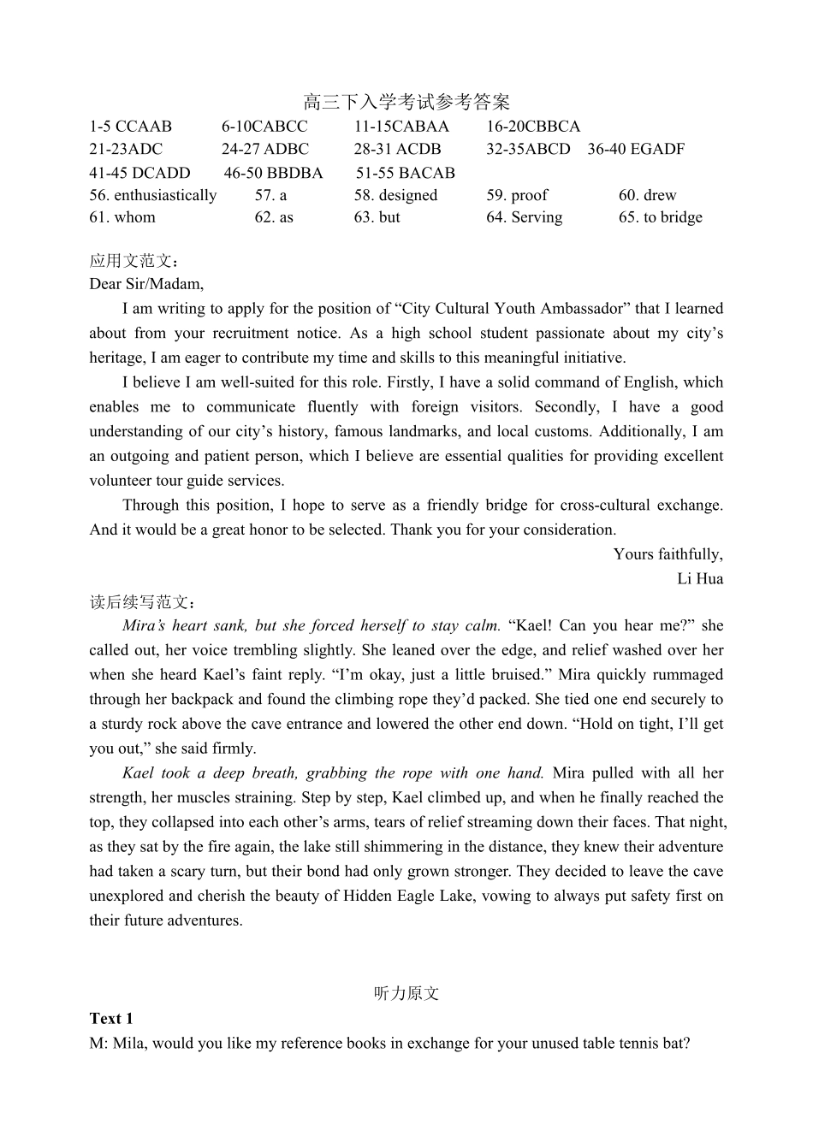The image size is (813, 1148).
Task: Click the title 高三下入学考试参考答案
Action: (406, 103)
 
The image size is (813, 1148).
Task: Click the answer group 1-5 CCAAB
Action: (130, 126)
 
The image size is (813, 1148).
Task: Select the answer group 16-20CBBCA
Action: (533, 126)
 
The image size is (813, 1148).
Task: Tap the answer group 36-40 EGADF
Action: (636, 149)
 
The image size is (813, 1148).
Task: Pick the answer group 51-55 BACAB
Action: (406, 173)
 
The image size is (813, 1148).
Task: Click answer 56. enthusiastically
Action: (153, 195)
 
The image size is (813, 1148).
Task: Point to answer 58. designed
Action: (395, 195)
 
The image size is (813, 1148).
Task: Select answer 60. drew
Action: (647, 195)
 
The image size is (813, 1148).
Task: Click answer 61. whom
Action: (122, 217)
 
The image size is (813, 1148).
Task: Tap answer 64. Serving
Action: (525, 217)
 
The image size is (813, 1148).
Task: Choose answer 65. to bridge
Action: (660, 217)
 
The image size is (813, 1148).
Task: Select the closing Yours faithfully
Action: (668, 554)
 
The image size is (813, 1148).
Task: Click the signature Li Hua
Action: (700, 579)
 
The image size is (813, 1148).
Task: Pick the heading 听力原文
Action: (406, 994)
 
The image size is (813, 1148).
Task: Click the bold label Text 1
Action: (111, 1019)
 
